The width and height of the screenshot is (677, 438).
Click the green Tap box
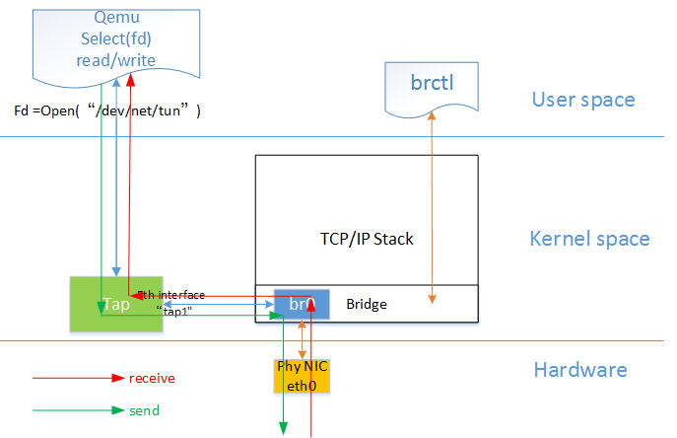click(x=100, y=303)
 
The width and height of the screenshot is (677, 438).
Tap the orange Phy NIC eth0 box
click(x=301, y=375)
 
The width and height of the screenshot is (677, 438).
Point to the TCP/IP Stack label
click(x=367, y=239)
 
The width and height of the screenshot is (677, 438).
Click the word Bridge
click(x=367, y=305)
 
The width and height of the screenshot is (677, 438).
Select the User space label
click(x=583, y=100)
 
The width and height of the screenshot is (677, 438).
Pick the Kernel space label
click(x=589, y=239)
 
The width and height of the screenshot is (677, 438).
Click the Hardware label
click(x=580, y=370)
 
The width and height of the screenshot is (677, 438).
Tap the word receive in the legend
click(x=152, y=378)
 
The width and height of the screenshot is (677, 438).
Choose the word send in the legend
click(x=144, y=409)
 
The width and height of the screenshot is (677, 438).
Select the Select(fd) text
click(x=116, y=39)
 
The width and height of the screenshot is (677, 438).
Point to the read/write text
click(x=116, y=60)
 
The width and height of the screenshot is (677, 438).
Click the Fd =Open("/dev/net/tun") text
click(x=107, y=110)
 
